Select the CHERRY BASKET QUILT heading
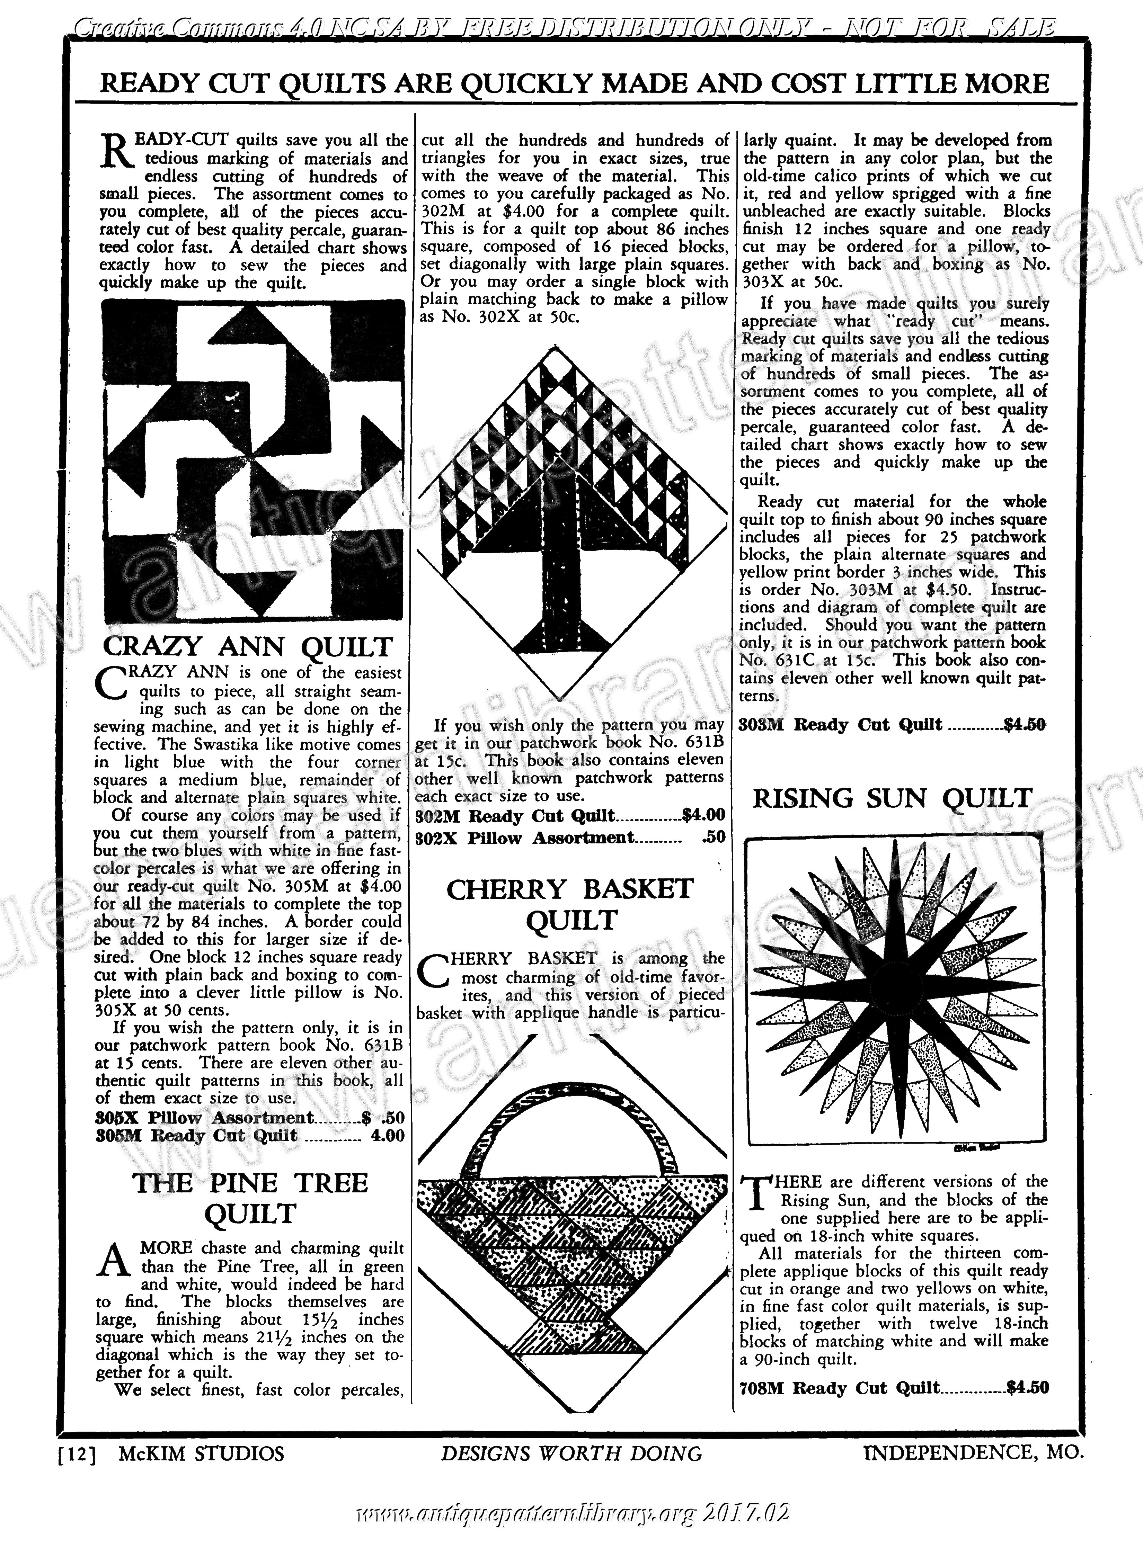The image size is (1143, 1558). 570,905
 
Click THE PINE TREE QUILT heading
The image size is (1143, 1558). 250,1198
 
